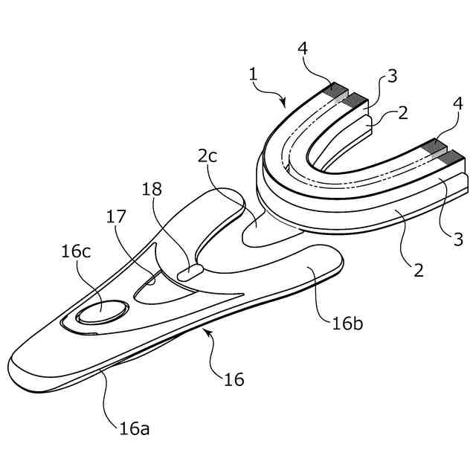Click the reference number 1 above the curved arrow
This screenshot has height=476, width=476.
[x=254, y=75]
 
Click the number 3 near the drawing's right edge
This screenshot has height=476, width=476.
[x=459, y=239]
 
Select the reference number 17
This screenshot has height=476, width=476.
[x=117, y=217]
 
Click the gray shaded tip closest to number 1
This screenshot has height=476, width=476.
[x=338, y=91]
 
